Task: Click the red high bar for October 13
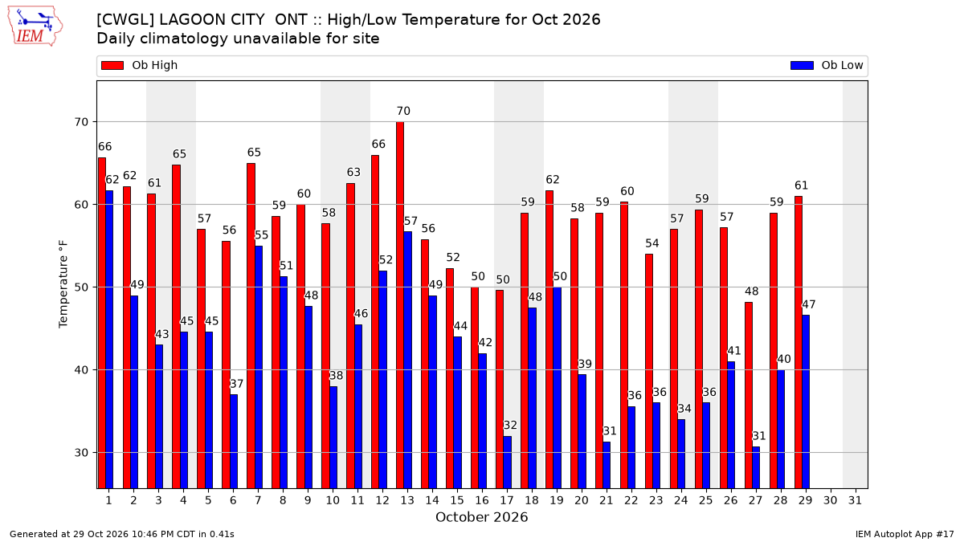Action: pos(400,305)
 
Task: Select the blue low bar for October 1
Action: pos(109,340)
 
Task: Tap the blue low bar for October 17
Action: pos(508,463)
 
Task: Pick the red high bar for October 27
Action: pos(749,395)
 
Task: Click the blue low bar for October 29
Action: pos(806,401)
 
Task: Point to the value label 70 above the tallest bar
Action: pos(403,111)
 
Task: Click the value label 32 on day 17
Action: pos(510,425)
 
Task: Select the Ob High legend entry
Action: pos(139,65)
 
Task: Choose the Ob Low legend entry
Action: pos(827,65)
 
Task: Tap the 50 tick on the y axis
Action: pos(81,287)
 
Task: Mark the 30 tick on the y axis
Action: pos(81,453)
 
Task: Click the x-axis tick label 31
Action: pos(855,500)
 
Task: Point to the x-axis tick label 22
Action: pos(631,500)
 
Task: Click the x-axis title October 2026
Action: pos(481,517)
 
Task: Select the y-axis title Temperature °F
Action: pos(63,284)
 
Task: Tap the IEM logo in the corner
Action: pos(35,26)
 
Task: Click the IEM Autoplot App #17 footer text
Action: pos(905,534)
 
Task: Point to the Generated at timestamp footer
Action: pos(122,534)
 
